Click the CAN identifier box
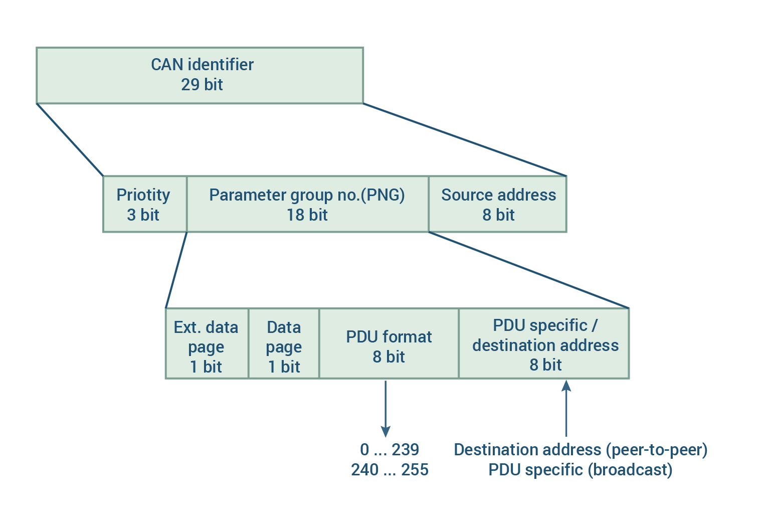tap(200, 75)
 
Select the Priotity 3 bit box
tap(145, 204)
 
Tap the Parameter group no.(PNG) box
tap(307, 204)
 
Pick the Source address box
tap(498, 204)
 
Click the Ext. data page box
tap(207, 343)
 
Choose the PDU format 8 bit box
tap(389, 343)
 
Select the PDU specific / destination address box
tap(544, 343)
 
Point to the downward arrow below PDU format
tap(385, 409)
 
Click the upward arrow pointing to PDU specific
tap(566, 408)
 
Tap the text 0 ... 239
tap(390, 449)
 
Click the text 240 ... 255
tap(390, 469)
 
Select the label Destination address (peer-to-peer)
tap(580, 450)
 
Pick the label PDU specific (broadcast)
tap(580, 470)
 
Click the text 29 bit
tap(202, 85)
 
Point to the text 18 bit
tap(307, 215)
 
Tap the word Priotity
tap(143, 196)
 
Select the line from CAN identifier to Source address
tap(465, 140)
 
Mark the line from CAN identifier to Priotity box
tap(70, 140)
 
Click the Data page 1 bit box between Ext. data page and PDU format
tap(284, 343)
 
